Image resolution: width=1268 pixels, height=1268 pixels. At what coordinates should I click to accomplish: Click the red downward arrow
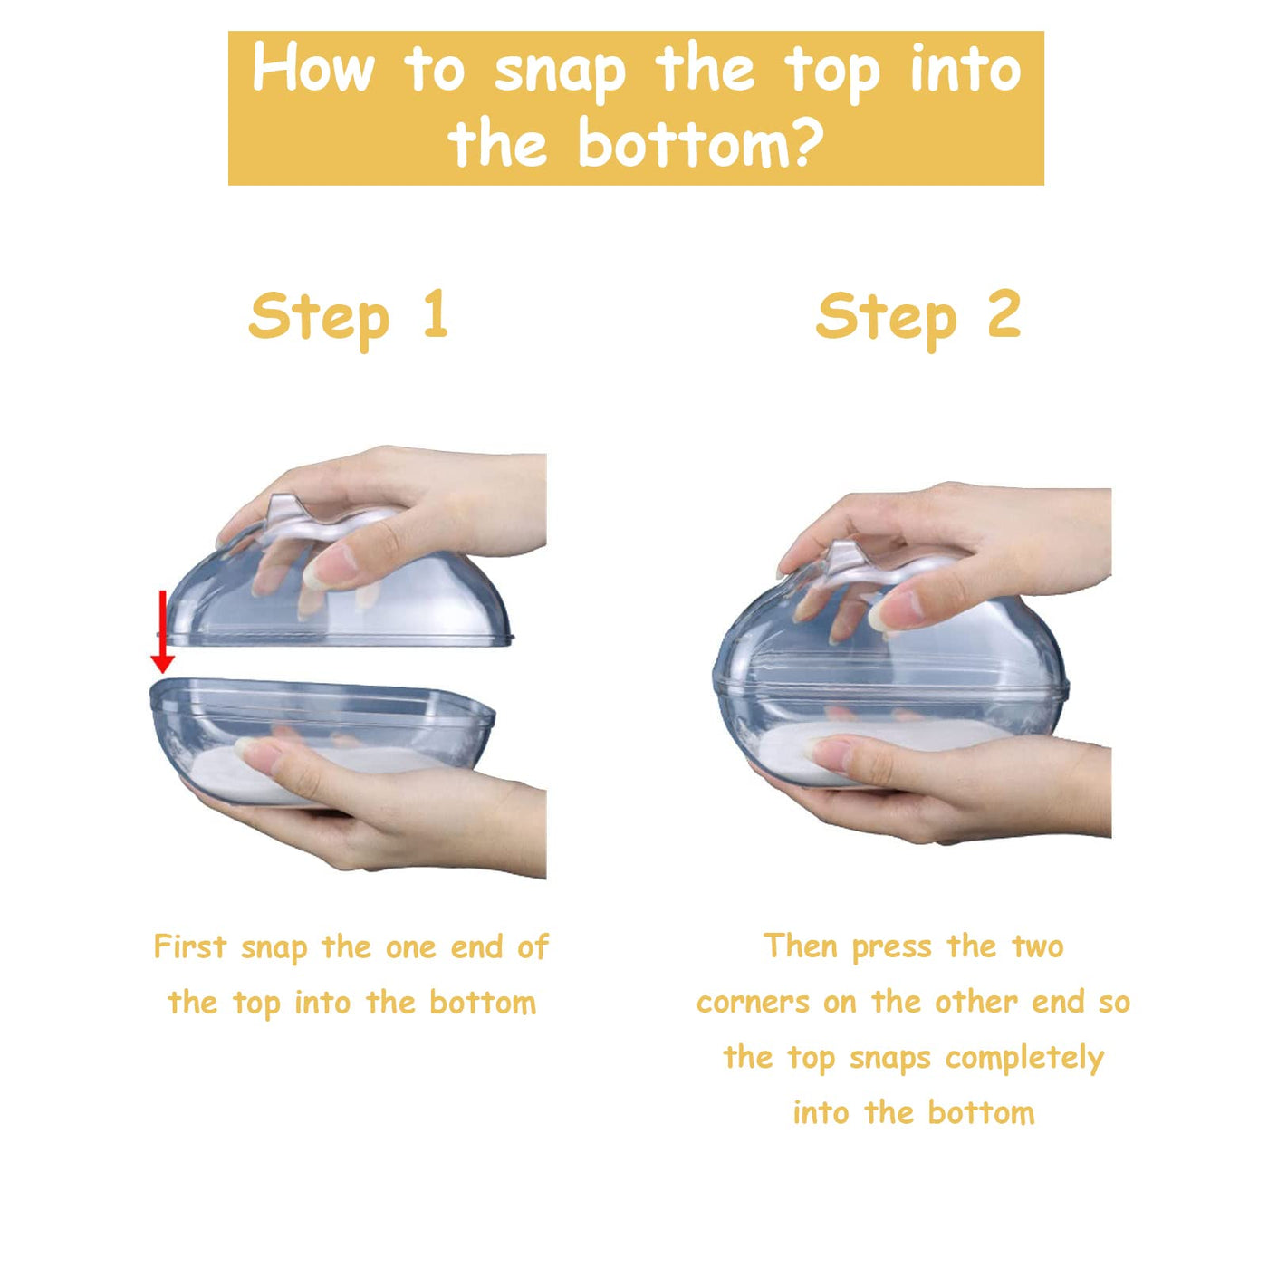pos(162,631)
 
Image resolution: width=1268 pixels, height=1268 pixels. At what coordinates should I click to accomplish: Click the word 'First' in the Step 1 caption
pos(190,947)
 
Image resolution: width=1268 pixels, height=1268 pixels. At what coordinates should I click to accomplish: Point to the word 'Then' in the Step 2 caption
pos(801,946)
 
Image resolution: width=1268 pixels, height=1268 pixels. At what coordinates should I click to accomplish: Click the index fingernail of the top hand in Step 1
pos(329,567)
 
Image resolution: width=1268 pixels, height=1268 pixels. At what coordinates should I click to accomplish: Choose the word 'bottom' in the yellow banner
pos(683,140)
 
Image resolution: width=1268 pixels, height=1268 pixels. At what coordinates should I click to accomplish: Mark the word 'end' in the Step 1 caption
pos(476,947)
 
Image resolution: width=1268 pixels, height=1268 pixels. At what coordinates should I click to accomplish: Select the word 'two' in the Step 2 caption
pos(1038,947)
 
